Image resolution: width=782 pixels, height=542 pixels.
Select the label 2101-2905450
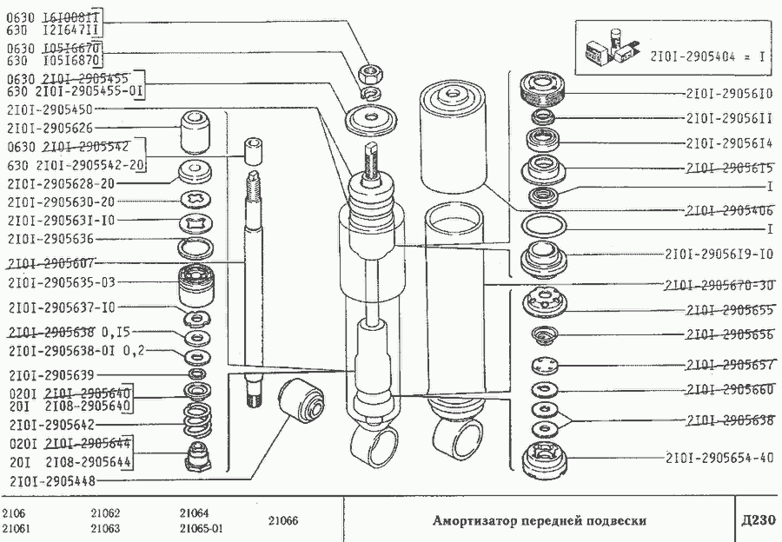point(50,109)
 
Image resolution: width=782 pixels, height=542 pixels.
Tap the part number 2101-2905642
point(50,426)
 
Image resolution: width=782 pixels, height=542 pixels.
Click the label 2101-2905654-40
point(719,458)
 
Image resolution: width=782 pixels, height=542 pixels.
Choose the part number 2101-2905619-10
point(719,255)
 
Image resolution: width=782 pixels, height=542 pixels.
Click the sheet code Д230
point(752,521)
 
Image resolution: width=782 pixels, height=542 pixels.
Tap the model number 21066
point(282,521)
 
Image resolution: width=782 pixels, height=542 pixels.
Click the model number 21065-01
point(202,529)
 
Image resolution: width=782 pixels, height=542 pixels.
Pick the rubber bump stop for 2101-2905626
point(195,131)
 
